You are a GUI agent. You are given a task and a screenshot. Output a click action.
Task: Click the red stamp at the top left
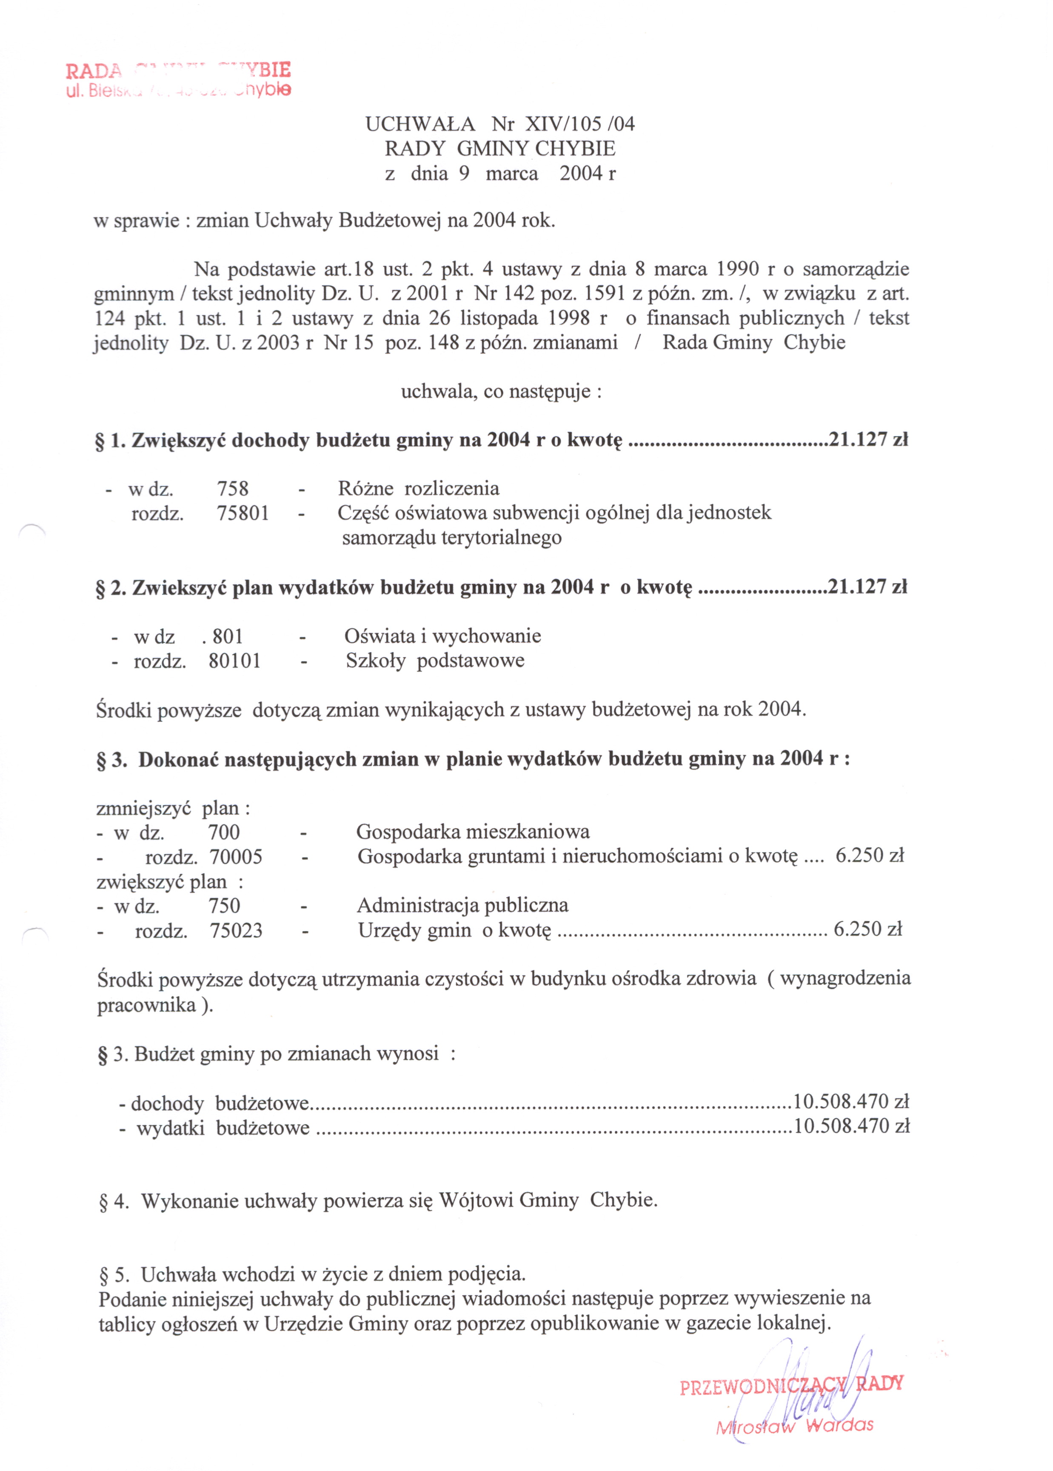[178, 79]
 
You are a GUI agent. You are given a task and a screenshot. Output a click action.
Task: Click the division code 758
[233, 488]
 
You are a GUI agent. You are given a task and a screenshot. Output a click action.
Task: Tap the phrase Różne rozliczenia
[418, 488]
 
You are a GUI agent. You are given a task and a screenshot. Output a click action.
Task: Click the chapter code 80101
[235, 661]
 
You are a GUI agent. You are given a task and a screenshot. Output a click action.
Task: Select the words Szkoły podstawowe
[435, 661]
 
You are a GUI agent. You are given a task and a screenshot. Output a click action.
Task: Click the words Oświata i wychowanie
[443, 636]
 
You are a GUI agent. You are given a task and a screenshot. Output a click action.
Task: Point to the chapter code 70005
[236, 857]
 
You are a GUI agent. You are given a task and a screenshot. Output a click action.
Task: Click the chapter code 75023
[236, 931]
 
